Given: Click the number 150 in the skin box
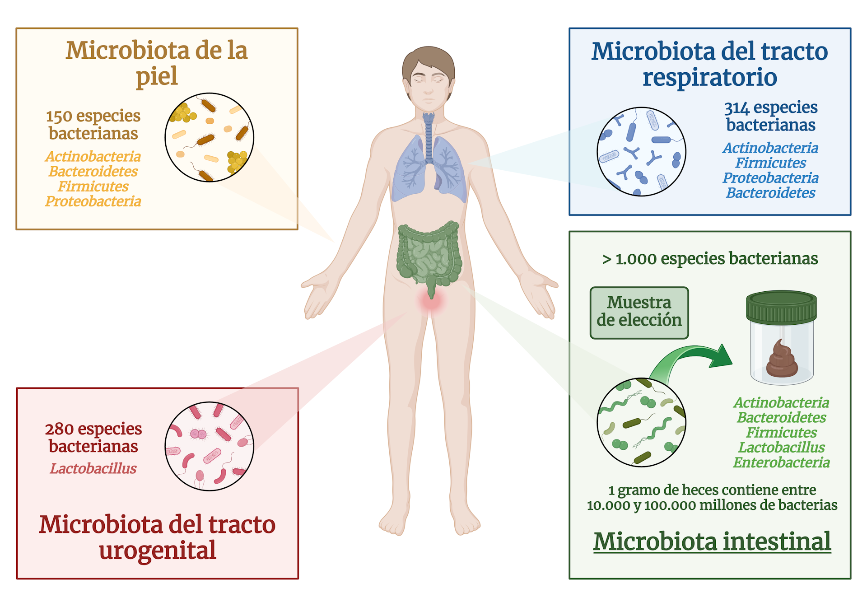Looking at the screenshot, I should (59, 117).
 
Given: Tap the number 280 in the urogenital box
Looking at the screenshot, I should (59, 429).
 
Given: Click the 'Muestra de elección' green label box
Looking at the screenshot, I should (639, 313).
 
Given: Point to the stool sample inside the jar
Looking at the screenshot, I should (782, 360).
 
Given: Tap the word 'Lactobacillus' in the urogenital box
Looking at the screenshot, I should (93, 469).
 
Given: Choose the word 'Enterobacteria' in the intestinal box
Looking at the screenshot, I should (781, 462).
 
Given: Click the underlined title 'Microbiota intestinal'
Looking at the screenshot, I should (712, 542).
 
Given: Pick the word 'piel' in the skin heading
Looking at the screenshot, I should (157, 76).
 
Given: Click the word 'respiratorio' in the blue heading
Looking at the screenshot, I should (710, 77).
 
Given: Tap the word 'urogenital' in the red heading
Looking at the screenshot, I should (158, 550).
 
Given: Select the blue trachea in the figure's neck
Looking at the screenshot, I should (428, 135).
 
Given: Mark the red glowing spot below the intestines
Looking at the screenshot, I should (431, 302).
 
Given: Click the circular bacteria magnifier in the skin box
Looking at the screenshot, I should (209, 137).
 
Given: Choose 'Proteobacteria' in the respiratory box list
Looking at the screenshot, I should (770, 178).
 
